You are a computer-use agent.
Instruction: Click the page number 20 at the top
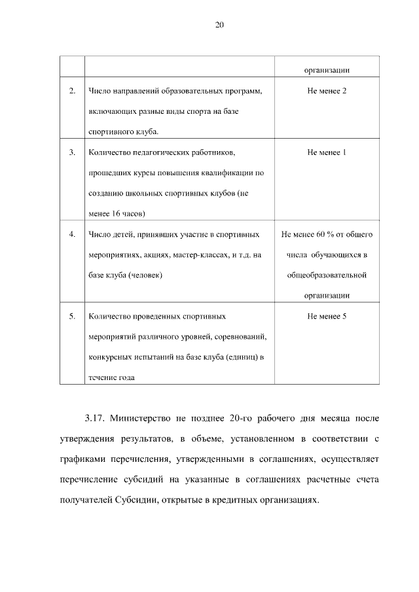coord(219,25)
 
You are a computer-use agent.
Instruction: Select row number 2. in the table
coord(72,90)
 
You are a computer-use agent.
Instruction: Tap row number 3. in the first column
coord(72,152)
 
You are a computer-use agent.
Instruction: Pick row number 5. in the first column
coord(72,316)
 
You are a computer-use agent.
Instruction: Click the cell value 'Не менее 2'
coord(326,90)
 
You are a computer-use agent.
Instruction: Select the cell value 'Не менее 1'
coord(326,152)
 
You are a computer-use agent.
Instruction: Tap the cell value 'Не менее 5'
coord(326,316)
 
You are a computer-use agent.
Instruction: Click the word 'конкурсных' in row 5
coord(109,357)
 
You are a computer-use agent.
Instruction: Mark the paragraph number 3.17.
coord(95,417)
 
